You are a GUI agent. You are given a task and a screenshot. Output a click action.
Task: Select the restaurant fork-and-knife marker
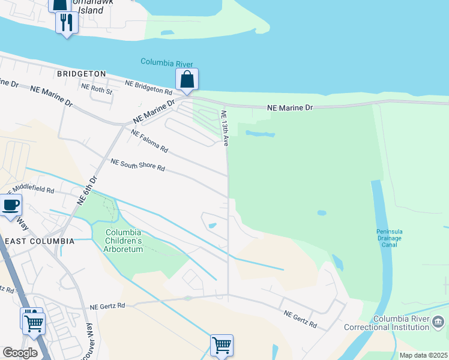coord(66,23)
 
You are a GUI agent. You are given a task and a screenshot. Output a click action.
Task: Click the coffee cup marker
coord(11,205)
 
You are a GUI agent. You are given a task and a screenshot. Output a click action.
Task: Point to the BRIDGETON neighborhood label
coord(81,74)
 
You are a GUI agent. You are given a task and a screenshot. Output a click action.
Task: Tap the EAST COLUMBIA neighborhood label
coord(39,241)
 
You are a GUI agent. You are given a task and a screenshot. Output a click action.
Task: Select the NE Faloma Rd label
coord(149,142)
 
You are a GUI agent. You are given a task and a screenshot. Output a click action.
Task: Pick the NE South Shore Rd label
coord(137,165)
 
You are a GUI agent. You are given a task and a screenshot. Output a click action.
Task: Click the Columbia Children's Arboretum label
coord(123,241)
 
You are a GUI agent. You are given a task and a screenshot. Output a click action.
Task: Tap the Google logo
coord(20,353)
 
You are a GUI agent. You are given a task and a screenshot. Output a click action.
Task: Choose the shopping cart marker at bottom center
coord(221,345)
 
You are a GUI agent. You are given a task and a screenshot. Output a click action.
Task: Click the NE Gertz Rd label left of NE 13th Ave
coord(107,305)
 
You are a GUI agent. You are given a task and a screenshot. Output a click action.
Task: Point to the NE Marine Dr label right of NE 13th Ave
coord(290,107)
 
